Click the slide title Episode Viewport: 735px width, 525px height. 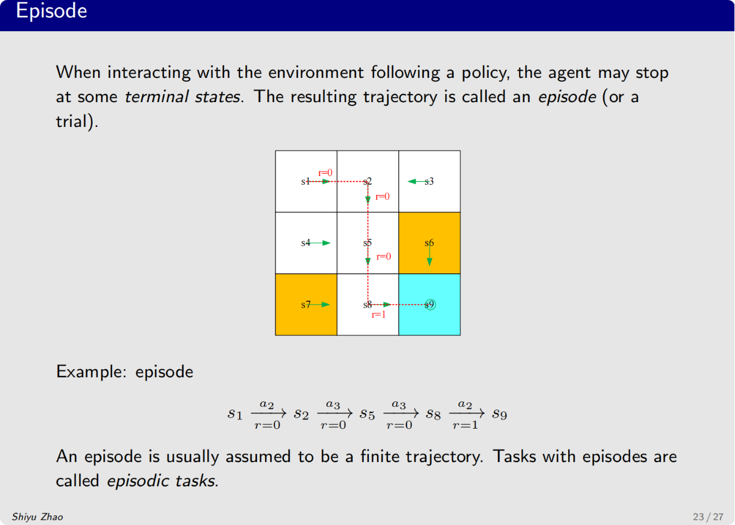(51, 11)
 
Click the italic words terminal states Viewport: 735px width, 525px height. (182, 97)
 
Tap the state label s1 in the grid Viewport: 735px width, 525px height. (305, 181)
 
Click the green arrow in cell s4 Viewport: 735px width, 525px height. (321, 243)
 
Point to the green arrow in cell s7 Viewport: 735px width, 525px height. (321, 305)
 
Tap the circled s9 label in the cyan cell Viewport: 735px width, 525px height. (430, 305)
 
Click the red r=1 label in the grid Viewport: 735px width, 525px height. (379, 315)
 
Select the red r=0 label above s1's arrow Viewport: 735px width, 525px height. (326, 172)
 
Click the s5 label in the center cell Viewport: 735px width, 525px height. (367, 243)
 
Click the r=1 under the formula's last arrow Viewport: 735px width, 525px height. (465, 426)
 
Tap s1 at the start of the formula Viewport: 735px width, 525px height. (234, 414)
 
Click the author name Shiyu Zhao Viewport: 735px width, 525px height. (38, 517)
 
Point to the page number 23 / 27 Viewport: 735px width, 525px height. (708, 517)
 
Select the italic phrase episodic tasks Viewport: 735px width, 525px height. (161, 481)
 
